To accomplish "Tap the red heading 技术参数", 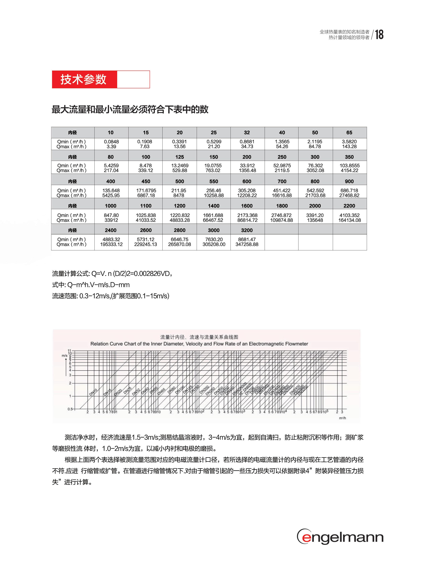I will pyautogui.click(x=83, y=80).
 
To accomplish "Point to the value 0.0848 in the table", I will pyautogui.click(x=111, y=142).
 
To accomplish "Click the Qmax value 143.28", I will pyautogui.click(x=349, y=147).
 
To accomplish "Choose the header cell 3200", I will pyautogui.click(x=247, y=230).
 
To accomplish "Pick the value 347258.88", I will pyautogui.click(x=247, y=244).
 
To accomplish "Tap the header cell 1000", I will pyautogui.click(x=111, y=206).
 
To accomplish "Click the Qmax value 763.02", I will pyautogui.click(x=213, y=170).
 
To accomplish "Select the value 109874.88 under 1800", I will pyautogui.click(x=282, y=220).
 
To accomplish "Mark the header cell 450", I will pyautogui.click(x=146, y=181).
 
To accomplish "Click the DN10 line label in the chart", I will pyautogui.click(x=93, y=392).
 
